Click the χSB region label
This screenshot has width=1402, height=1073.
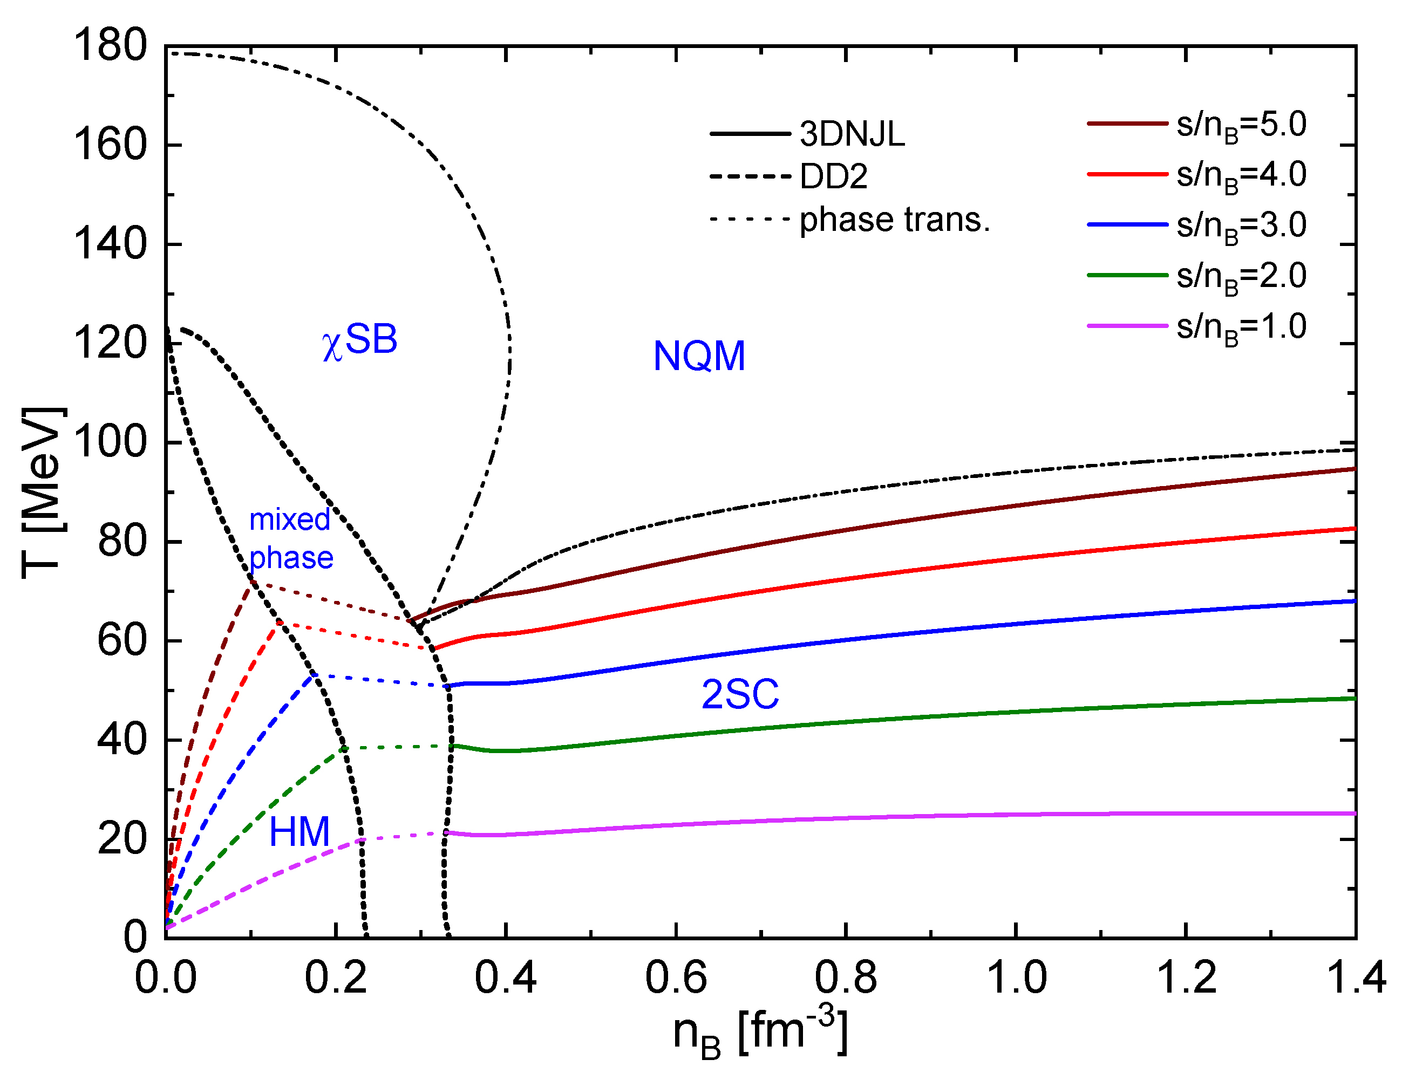(x=359, y=340)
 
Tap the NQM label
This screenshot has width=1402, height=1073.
(x=699, y=356)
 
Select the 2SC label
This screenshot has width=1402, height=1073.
(x=740, y=694)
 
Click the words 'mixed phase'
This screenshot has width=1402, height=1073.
(x=291, y=538)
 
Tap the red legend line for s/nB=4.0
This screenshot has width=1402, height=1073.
(x=1127, y=174)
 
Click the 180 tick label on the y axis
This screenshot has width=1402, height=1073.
(x=110, y=46)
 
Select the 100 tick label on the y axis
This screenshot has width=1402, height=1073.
(x=110, y=442)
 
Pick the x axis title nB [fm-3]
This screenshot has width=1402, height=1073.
(x=760, y=1033)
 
